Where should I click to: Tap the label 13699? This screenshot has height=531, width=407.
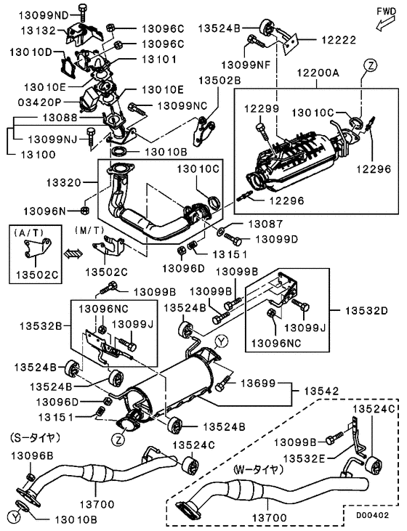pyautogui.click(x=260, y=382)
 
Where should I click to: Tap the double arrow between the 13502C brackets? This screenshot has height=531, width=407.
pyautogui.click(x=71, y=254)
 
